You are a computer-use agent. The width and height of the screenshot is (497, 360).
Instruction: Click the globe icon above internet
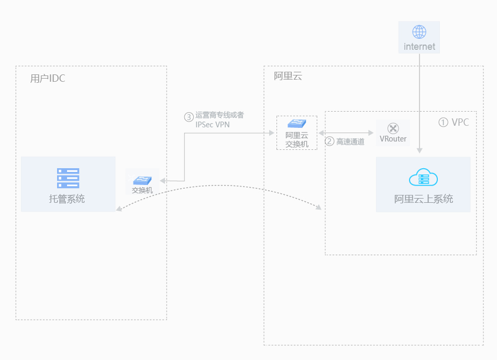click(419, 32)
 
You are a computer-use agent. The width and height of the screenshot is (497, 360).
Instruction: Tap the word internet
click(419, 47)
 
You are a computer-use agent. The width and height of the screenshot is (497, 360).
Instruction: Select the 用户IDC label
click(48, 79)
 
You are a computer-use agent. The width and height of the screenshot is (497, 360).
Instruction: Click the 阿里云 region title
click(288, 76)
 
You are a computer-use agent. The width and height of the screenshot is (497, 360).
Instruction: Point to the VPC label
click(460, 122)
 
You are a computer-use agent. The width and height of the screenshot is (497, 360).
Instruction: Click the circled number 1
click(443, 122)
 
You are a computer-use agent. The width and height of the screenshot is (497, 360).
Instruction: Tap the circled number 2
click(329, 141)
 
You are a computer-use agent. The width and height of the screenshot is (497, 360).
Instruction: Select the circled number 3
click(189, 117)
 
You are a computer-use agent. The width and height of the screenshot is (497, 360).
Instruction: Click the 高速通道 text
click(350, 141)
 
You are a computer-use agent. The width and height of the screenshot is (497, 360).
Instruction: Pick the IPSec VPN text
click(212, 125)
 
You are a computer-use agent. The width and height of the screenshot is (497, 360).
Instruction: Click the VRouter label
click(393, 139)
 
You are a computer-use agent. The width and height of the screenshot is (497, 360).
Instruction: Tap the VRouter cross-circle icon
click(393, 128)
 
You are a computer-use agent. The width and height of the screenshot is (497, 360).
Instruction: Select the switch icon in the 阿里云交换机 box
click(297, 124)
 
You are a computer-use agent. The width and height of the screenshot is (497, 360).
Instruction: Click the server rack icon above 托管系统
click(68, 178)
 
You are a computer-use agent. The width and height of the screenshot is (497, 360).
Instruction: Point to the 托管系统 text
click(67, 199)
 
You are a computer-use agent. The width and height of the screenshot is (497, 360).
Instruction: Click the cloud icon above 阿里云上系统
click(423, 178)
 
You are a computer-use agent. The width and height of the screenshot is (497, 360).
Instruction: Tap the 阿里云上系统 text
click(423, 199)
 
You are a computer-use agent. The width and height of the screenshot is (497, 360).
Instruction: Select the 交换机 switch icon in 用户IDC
click(142, 180)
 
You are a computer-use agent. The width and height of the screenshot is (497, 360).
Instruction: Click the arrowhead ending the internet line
click(419, 150)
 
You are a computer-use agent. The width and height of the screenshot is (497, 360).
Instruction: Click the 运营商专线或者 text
click(219, 115)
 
